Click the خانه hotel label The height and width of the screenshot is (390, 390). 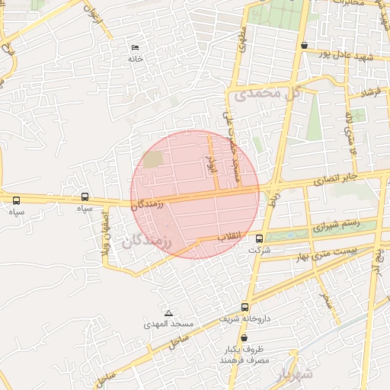136,59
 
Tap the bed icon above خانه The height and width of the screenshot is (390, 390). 136,47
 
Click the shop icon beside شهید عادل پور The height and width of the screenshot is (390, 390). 305,45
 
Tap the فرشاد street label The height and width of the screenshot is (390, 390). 371,93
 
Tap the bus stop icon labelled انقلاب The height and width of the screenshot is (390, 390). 261,238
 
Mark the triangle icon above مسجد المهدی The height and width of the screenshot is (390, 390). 169,313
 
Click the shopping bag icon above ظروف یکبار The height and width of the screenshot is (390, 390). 244,337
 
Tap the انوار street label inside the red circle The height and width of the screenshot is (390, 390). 213,162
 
